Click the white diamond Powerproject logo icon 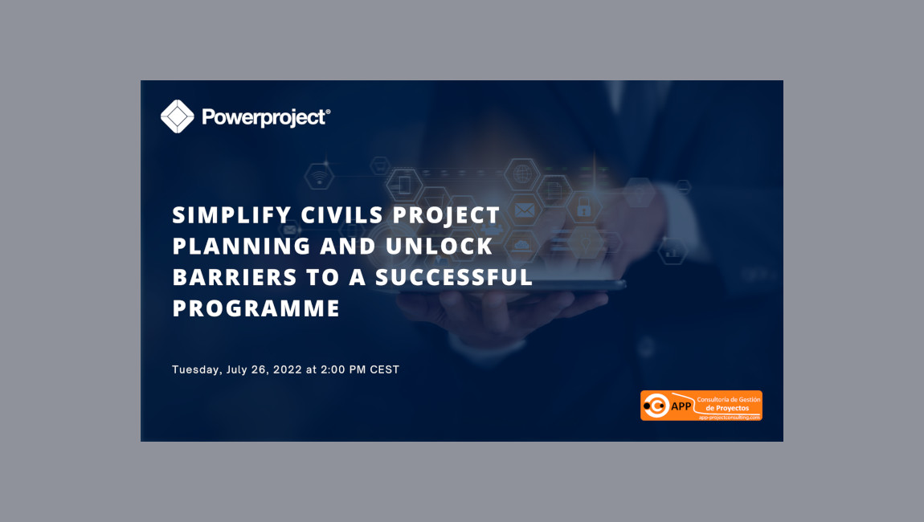pos(178,116)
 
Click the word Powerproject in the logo pos(265,117)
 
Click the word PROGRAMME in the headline pos(256,308)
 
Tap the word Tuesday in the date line pos(196,370)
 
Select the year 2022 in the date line pos(288,370)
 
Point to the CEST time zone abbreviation pos(384,370)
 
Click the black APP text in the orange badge pos(681,406)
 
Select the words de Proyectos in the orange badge pos(727,408)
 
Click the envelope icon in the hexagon pos(525,210)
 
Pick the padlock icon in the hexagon pos(584,209)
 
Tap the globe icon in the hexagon pos(522,173)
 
